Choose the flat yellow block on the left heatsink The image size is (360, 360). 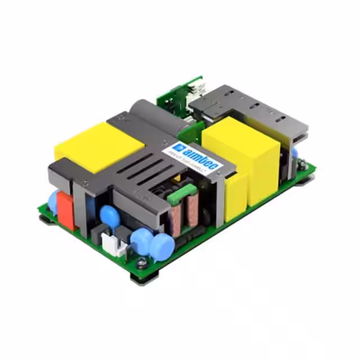98,143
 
